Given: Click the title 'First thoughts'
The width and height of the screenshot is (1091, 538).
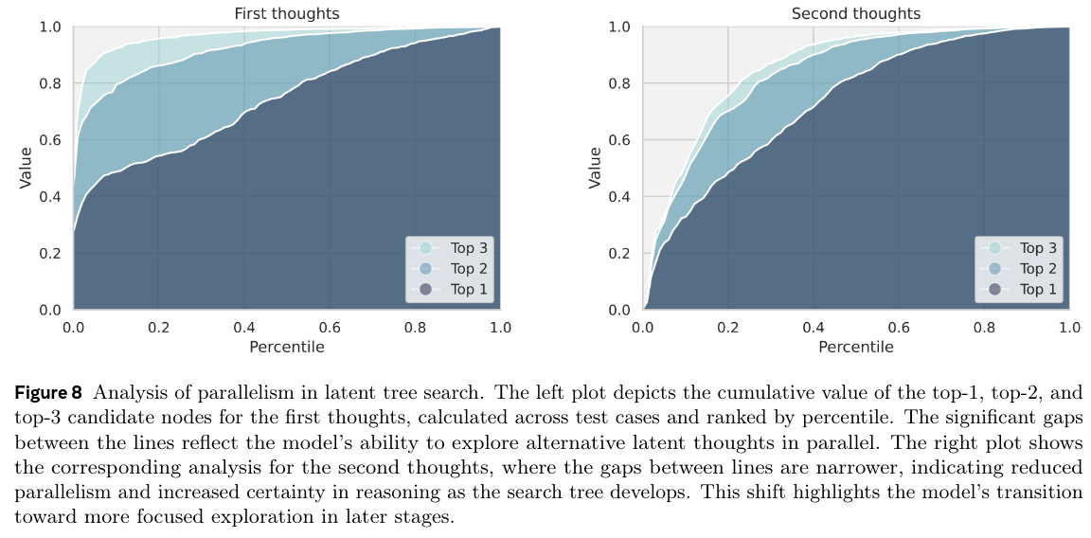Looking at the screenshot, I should (x=286, y=13).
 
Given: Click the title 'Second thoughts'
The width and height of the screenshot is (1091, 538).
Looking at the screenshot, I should (x=855, y=13).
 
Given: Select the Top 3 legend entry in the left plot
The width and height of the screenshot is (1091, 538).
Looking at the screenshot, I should (x=468, y=248).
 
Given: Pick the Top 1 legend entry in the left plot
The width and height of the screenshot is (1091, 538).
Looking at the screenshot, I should (x=468, y=289).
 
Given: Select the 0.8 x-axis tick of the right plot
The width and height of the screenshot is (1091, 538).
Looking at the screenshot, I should (x=985, y=328).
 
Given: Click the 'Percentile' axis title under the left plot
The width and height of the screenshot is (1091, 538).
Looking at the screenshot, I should (x=286, y=347).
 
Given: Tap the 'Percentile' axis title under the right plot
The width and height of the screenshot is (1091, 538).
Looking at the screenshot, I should (x=856, y=347).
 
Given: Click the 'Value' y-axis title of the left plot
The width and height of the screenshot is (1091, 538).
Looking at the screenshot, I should (x=26, y=168).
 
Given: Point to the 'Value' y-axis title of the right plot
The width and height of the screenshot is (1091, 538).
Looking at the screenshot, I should (x=595, y=168).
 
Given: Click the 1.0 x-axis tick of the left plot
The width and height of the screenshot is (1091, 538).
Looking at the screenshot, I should (x=499, y=328).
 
